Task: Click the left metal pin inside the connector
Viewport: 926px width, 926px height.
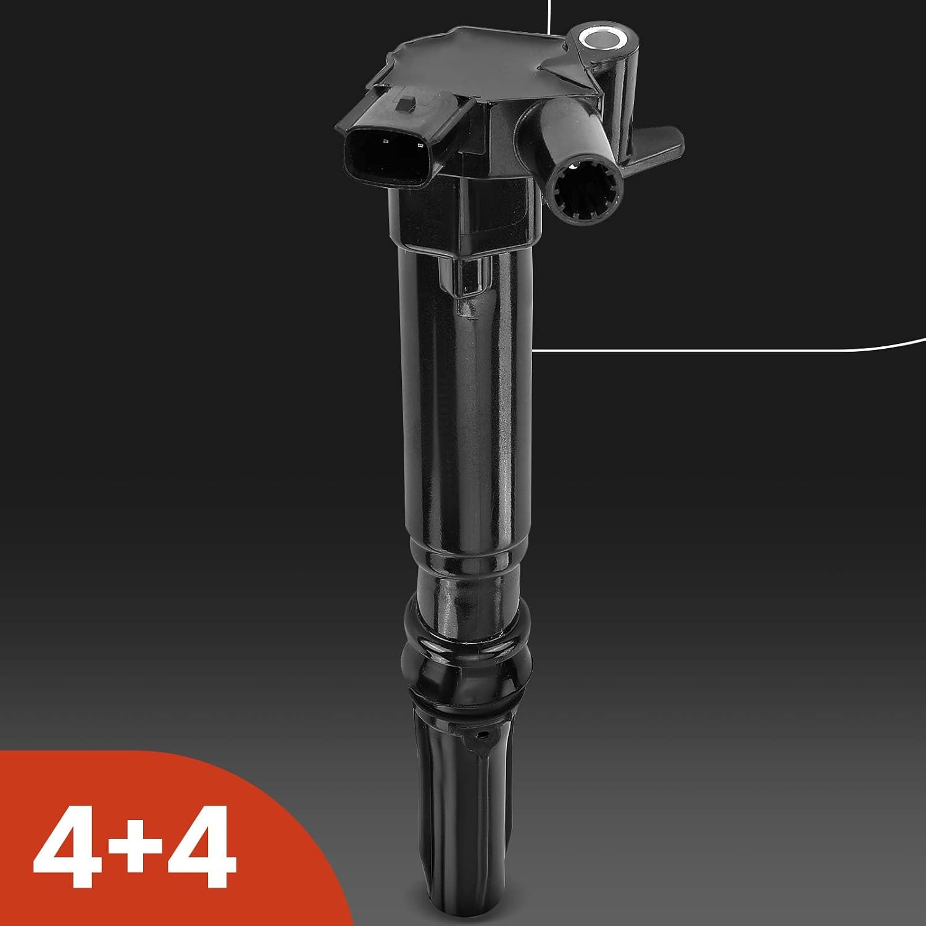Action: [385, 141]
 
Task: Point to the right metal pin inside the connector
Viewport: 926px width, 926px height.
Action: [421, 146]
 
